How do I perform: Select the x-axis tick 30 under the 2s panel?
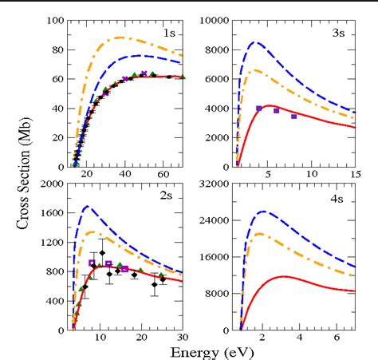183,338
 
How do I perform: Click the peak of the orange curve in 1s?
120,38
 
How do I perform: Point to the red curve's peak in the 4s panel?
284,276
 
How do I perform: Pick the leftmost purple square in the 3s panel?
258,109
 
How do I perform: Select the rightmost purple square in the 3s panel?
293,117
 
